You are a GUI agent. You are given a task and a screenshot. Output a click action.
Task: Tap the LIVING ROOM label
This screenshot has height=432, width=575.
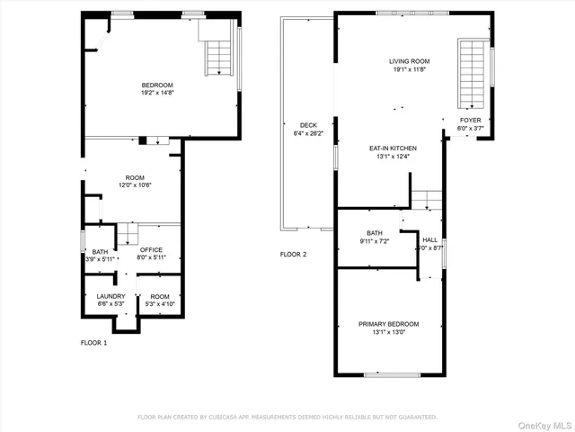tap(409, 61)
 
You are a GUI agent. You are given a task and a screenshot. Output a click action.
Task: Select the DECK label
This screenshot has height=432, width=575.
tap(307, 126)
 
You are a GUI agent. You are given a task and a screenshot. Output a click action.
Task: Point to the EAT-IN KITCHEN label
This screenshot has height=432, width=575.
tap(394, 148)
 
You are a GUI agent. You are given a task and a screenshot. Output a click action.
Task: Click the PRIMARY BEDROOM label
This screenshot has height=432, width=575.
tap(388, 324)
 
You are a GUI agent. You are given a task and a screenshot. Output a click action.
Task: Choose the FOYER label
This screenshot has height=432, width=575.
tap(470, 120)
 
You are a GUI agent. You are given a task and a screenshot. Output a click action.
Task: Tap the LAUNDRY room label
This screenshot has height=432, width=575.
tap(111, 296)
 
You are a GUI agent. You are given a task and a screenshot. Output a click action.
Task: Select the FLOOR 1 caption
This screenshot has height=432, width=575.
tap(93, 343)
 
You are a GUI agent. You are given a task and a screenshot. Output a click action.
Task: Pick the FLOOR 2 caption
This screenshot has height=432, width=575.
tap(293, 255)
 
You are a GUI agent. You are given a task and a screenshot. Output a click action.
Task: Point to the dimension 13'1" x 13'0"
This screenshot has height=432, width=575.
tap(388, 332)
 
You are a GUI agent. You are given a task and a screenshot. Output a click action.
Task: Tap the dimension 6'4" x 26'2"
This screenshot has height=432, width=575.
tap(307, 134)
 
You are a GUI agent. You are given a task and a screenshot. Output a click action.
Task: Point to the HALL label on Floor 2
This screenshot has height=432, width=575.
tap(429, 239)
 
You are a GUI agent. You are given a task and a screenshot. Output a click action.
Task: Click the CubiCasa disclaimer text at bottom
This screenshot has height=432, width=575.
tap(287, 417)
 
